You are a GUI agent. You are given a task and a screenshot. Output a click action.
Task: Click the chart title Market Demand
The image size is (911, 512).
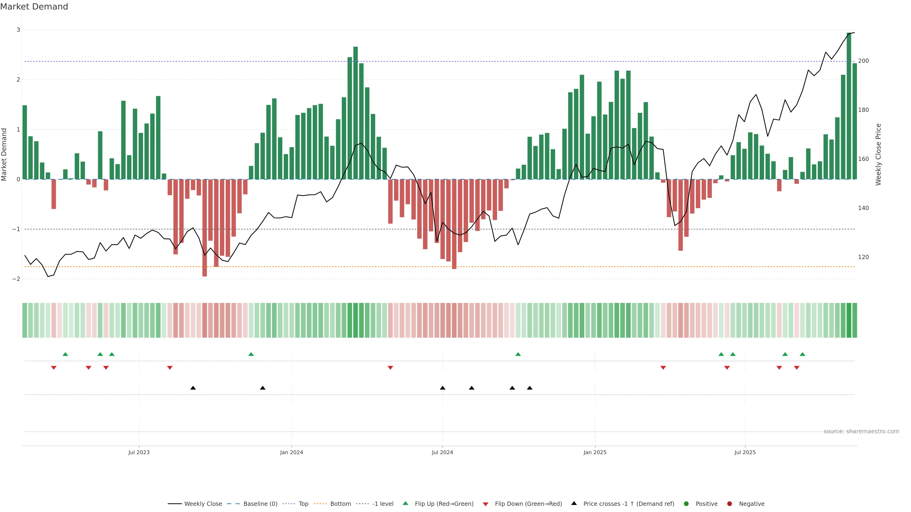(34, 7)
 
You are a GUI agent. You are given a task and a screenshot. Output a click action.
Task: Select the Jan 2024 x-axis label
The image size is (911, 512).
(291, 452)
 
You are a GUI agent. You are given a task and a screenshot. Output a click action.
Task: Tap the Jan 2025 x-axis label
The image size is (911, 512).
(595, 452)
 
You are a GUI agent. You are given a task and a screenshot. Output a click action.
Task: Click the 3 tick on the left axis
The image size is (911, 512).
(19, 30)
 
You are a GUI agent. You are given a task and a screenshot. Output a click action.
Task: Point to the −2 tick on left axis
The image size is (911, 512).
(16, 279)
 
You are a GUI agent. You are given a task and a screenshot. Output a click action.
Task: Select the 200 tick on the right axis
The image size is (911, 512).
(863, 61)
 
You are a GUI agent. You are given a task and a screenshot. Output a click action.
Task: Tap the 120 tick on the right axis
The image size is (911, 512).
(863, 257)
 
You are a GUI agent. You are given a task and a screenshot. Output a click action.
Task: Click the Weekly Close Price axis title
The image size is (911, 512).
(878, 154)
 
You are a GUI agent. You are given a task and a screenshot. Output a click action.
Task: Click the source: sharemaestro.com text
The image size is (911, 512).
(861, 431)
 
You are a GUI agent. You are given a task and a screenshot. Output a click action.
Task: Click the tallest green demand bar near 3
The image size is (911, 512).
(849, 106)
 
